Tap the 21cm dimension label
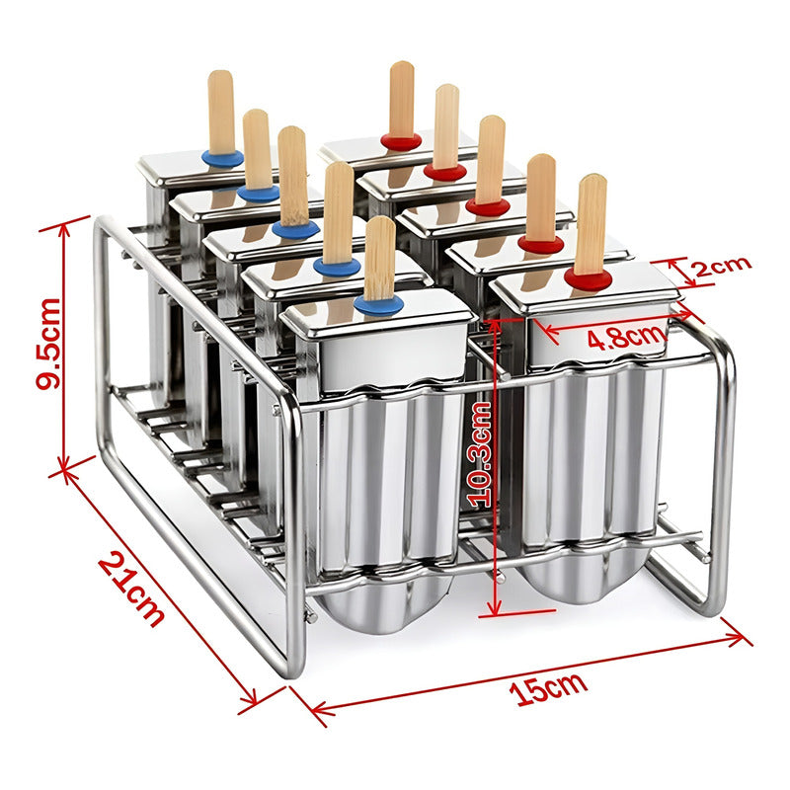tap(131, 590)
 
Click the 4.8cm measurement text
tap(624, 337)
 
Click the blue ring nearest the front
tap(378, 303)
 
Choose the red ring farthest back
tap(401, 141)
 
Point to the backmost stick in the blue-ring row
tap(220, 109)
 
